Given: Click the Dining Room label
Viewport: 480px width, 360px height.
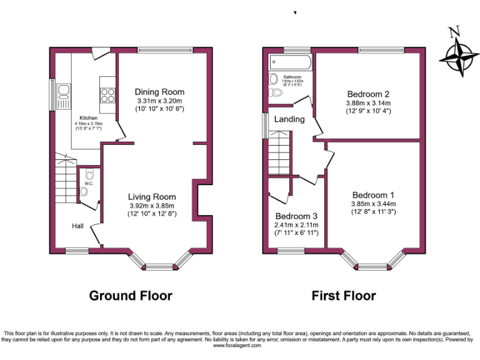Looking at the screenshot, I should tap(160, 92).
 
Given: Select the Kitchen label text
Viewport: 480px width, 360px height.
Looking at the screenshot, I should tap(88, 117).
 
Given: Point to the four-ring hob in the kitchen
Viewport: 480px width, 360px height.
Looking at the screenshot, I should tap(107, 94).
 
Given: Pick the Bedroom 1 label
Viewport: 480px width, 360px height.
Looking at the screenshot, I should tap(372, 194).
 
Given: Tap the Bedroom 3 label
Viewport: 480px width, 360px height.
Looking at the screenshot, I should tap(296, 216).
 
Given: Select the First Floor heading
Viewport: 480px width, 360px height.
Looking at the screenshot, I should tap(344, 295).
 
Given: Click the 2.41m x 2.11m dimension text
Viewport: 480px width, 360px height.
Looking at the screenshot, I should tap(296, 225).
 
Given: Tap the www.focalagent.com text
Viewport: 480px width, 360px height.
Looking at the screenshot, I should tap(240, 345).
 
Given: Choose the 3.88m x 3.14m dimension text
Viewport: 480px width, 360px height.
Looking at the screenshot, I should tap(368, 103).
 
